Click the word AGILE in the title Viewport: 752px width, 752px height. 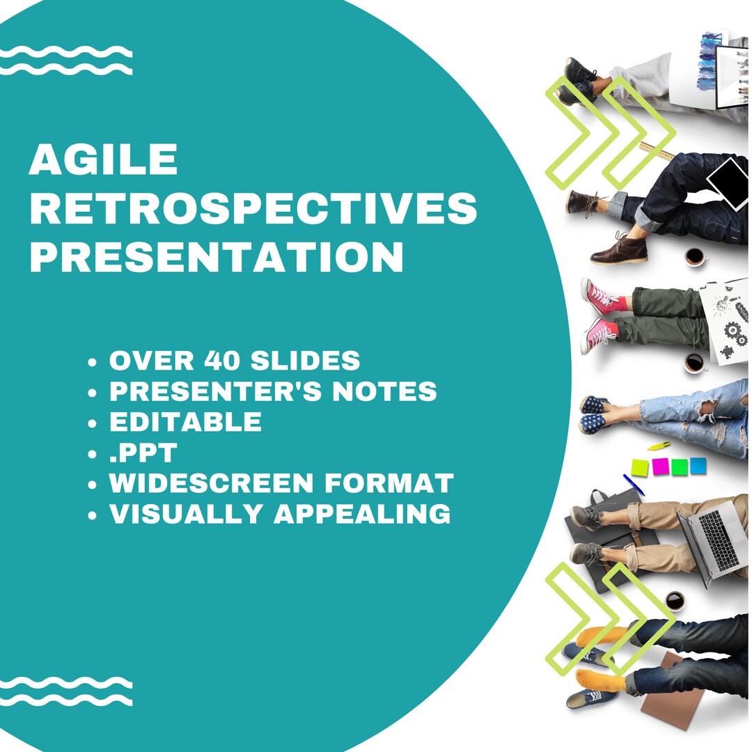click(103, 159)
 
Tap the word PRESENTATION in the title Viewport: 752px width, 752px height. click(216, 257)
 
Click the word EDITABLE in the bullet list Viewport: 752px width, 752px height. click(185, 422)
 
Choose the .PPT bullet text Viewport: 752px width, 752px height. click(143, 453)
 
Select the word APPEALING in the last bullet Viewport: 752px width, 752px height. click(361, 514)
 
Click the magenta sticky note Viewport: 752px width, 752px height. click(660, 466)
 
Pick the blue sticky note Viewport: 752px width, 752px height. click(698, 465)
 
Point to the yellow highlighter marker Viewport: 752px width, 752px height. click(659, 446)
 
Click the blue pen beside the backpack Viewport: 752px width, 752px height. click(633, 485)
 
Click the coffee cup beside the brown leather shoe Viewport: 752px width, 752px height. click(694, 256)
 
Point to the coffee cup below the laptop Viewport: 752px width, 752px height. click(674, 600)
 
